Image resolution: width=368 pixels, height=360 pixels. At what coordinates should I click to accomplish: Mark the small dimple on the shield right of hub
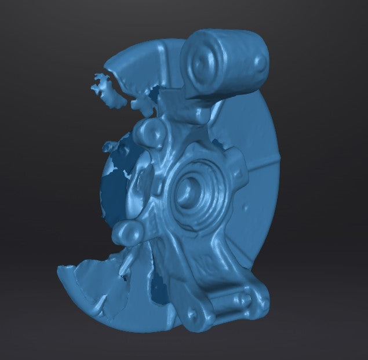pos(248,206)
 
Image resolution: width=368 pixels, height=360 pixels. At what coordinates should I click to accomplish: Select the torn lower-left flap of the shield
pos(87,290)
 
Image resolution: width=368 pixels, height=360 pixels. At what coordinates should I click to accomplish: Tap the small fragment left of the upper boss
pos(110,147)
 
